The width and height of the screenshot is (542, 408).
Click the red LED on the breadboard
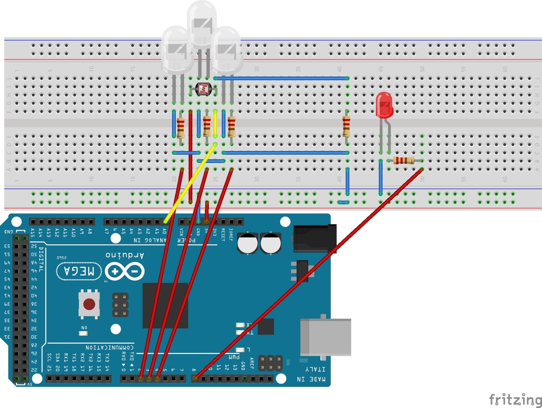[384, 105]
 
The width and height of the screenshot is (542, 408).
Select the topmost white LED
[202, 24]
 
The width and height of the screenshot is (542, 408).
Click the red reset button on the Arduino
[89, 304]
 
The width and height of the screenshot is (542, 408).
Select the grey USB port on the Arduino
[325, 337]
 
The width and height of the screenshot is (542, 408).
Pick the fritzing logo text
[515, 399]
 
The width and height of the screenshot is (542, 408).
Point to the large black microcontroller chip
[165, 305]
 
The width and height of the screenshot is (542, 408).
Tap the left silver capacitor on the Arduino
[247, 243]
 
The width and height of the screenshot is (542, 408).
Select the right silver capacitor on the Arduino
[271, 243]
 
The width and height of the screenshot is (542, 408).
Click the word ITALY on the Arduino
[315, 369]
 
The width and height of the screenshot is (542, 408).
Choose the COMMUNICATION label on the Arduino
[109, 347]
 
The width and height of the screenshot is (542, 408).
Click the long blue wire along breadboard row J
[281, 78]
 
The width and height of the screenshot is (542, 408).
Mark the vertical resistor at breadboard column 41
[346, 126]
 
